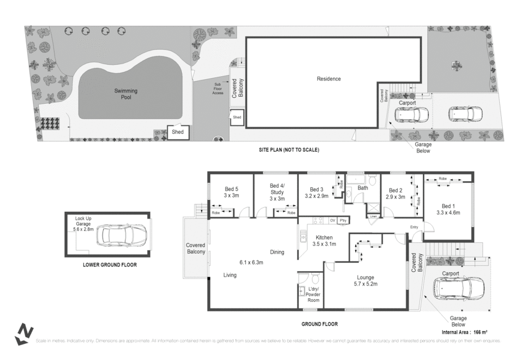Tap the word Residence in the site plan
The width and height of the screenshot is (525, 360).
coord(329,79)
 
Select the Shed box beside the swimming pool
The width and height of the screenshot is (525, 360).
coord(178,132)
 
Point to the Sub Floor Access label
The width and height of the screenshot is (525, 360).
coord(218,89)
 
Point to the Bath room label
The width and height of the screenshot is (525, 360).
coord(362,188)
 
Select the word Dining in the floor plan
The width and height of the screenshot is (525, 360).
coord(277,252)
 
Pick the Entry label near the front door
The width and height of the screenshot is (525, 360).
coord(414,226)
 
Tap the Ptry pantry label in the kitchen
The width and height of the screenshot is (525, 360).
coord(343,220)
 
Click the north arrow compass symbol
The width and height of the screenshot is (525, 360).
coord(25,334)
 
